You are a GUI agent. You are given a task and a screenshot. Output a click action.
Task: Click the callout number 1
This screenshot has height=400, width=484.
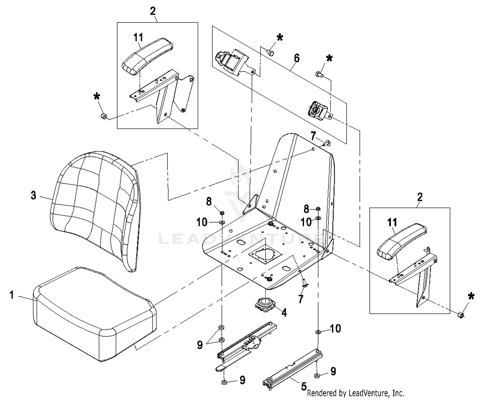pyautogui.click(x=12, y=295)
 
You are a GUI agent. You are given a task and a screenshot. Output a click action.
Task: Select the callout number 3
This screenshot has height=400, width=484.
pyautogui.click(x=34, y=195)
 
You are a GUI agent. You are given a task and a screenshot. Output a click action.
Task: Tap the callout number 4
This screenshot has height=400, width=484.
pyautogui.click(x=284, y=312)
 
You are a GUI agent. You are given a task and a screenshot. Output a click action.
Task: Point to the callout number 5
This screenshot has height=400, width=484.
pyautogui.click(x=304, y=386)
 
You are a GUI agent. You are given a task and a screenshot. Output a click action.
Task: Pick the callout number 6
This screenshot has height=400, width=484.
pyautogui.click(x=297, y=58)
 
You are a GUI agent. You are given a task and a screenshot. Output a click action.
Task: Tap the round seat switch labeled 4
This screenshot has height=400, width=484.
pyautogui.click(x=265, y=304)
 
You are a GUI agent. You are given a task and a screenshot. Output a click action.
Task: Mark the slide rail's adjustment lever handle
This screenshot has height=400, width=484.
pyautogui.click(x=223, y=368)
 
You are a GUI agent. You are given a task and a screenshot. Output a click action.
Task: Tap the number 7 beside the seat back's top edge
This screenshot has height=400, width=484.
pyautogui.click(x=313, y=136)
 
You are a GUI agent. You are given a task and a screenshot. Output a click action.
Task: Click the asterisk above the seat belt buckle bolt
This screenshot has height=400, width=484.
pyautogui.click(x=329, y=59)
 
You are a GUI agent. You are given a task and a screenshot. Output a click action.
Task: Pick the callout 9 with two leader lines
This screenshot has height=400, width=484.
pyautogui.click(x=200, y=345)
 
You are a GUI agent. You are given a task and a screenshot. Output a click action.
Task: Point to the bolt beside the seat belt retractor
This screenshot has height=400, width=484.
pyautogui.click(x=271, y=52)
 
